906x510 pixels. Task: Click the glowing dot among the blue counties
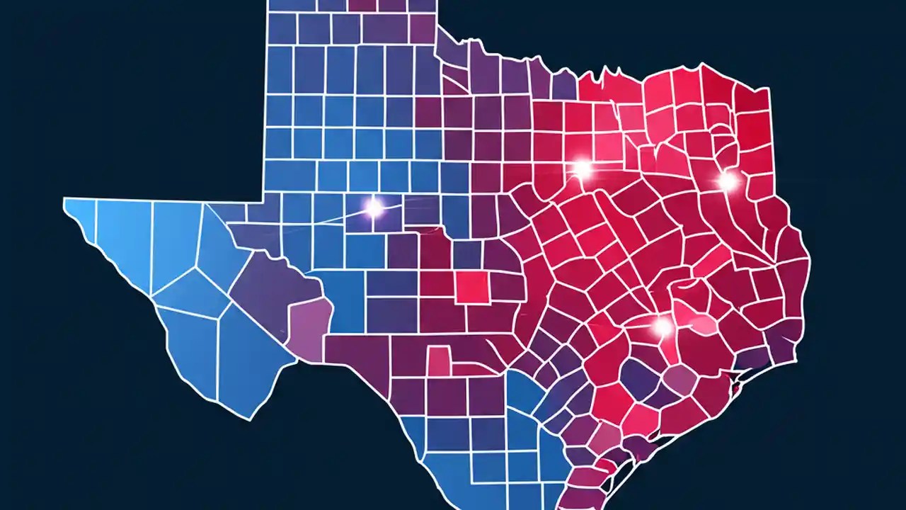373,207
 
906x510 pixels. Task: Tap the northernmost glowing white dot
582,169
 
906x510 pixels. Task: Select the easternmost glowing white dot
727,181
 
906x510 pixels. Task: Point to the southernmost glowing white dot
663,327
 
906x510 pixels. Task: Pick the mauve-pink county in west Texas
309,328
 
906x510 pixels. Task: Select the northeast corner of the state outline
768,89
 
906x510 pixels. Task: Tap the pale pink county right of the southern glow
702,324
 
